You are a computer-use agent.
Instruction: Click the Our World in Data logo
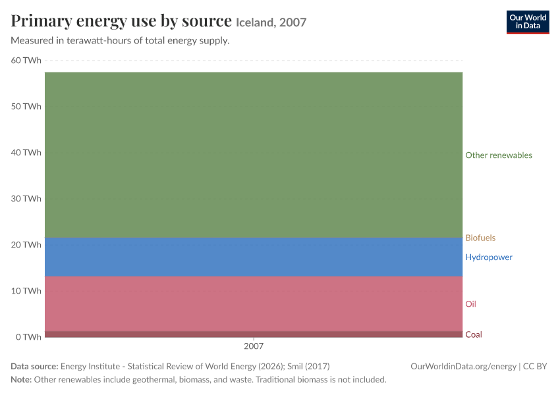[528, 22]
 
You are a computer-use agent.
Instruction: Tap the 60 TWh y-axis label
[26, 61]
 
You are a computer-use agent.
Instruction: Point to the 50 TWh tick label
[26, 107]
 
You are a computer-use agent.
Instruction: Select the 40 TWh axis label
[26, 152]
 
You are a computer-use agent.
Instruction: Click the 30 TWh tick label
[26, 198]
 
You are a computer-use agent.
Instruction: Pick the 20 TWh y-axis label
[26, 244]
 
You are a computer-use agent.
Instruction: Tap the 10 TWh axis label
[26, 290]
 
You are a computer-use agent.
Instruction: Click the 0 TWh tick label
[28, 337]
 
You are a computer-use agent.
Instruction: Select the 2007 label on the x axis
[254, 346]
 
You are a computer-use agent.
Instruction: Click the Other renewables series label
[499, 155]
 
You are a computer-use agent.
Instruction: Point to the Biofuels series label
[480, 238]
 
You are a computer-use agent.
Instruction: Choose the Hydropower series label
[489, 257]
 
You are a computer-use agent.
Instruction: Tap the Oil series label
[470, 304]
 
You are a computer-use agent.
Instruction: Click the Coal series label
[474, 334]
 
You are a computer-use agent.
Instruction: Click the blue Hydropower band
[254, 257]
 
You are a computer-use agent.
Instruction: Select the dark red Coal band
[254, 334]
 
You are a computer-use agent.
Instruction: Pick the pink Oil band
[254, 303]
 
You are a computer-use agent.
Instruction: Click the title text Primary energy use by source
[121, 21]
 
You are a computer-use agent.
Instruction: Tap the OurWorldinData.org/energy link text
[464, 367]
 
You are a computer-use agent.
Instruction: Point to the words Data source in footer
[34, 367]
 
